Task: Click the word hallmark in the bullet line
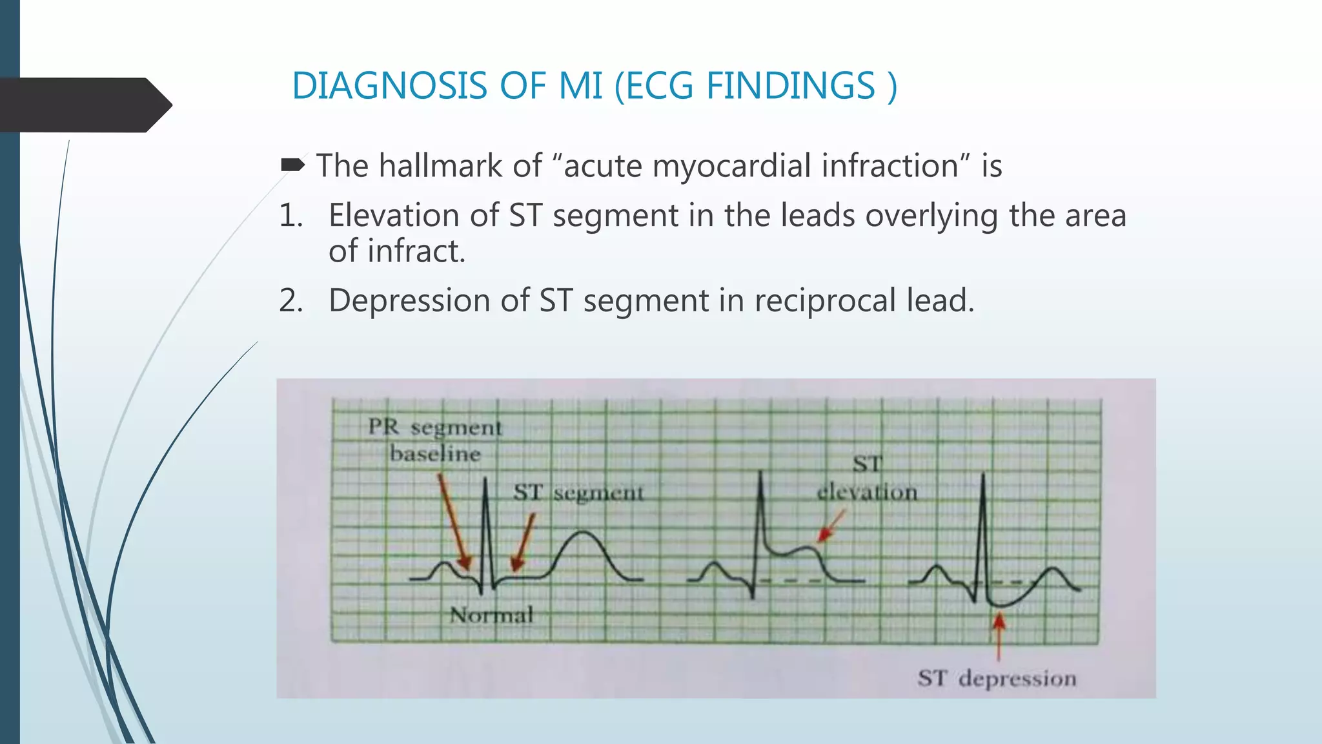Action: [x=440, y=166]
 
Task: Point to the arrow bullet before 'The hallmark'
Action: [x=292, y=166]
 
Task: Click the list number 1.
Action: [x=290, y=216]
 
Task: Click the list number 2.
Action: [x=290, y=301]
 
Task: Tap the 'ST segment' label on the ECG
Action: [x=578, y=493]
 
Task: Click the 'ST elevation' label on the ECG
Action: [x=867, y=479]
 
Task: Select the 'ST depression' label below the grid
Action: [x=997, y=678]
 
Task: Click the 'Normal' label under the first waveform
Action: [x=492, y=615]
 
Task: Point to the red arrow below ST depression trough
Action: [x=999, y=635]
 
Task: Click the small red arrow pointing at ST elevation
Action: [x=830, y=526]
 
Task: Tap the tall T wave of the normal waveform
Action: [x=584, y=535]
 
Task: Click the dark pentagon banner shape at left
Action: [x=84, y=105]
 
